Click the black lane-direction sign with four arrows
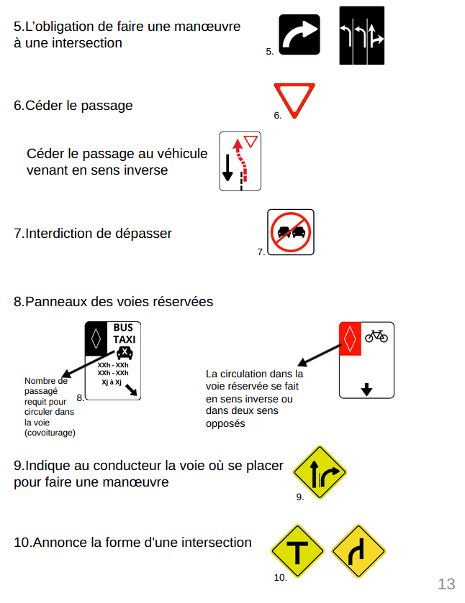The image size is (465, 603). coord(361,35)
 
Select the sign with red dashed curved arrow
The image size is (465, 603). coord(240,161)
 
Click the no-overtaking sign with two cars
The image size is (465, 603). coord(291,232)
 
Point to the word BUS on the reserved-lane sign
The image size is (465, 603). coord(123,328)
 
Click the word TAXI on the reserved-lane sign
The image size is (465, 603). coord(124,339)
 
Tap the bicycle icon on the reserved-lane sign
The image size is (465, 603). coord(376,336)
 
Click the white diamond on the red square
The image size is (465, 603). coord(349,339)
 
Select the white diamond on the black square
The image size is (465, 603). coord(96,338)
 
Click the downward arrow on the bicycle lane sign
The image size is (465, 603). coord(366,389)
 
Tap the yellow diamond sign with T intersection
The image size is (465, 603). coord(297,551)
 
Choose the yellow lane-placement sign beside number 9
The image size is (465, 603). coord(320,472)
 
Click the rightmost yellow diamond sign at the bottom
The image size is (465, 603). coord(358,551)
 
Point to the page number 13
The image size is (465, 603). coord(446,584)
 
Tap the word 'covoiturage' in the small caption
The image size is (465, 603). coord(50,432)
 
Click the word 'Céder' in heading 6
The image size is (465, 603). coord(43,106)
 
